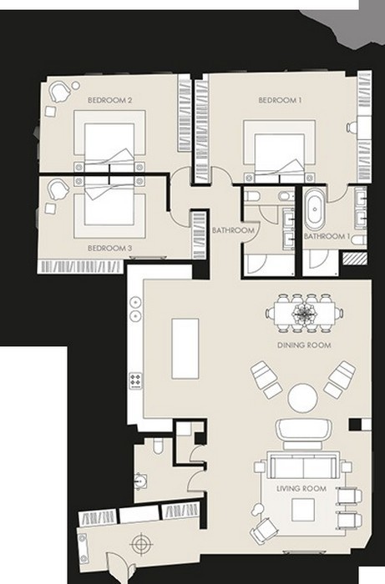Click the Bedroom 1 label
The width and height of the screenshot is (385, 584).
pos(280,100)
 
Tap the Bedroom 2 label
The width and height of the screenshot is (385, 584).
pos(109,100)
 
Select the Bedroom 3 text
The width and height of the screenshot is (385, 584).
pos(109,248)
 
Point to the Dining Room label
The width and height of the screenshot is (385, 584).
pos(304,345)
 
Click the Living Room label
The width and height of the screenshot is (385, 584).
pos(301,488)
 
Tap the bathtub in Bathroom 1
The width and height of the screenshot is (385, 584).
pos(315,209)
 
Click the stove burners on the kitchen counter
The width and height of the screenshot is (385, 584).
pos(135,380)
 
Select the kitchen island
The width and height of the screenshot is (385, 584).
pos(185,348)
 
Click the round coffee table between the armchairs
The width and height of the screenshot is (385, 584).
pos(302,398)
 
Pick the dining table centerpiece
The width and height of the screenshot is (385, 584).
pos(305,313)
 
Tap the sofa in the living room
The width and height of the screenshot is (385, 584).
pos(303,466)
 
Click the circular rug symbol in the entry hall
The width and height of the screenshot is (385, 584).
pos(141,545)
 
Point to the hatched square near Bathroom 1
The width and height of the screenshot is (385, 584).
pos(355,259)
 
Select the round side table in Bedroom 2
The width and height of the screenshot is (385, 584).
pos(76,85)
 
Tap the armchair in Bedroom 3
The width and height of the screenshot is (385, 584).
pos(58,189)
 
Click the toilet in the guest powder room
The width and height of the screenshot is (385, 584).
pos(158,445)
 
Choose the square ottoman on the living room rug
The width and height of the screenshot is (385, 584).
pos(303,510)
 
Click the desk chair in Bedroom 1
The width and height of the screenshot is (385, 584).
pos(352,128)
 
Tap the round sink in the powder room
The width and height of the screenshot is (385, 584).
pos(141,481)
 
